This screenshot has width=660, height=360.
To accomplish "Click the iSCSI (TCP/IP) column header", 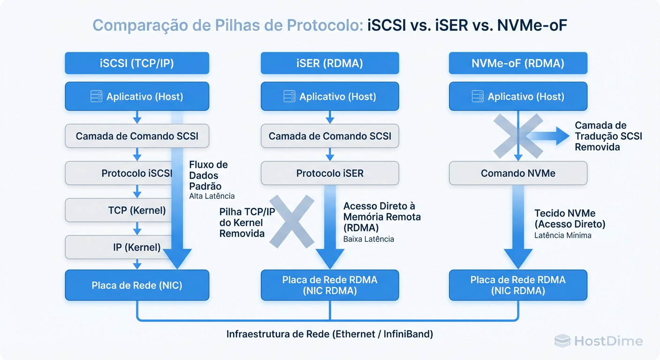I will (136, 63).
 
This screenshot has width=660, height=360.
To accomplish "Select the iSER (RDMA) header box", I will (330, 63).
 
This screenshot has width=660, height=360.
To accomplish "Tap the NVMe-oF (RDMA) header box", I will (518, 63).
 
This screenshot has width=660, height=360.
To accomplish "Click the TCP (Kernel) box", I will (136, 210).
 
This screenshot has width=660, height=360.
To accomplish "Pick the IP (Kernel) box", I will (136, 247).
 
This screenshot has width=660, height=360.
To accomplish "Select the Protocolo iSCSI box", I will (136, 173).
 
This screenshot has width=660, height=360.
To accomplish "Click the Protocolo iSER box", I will (330, 173).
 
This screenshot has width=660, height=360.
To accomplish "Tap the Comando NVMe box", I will (518, 173).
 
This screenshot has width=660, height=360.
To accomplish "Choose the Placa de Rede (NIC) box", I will (136, 285).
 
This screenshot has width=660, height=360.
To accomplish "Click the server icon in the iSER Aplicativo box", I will (289, 97).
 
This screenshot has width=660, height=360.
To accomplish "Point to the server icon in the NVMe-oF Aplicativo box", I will (478, 97).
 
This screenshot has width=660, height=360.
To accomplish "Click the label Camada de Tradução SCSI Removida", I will (608, 136).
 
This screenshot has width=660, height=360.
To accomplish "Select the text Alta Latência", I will (212, 196).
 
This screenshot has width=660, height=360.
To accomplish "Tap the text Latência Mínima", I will (562, 235).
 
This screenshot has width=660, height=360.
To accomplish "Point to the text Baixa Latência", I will (368, 239).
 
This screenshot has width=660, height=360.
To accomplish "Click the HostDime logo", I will (598, 341).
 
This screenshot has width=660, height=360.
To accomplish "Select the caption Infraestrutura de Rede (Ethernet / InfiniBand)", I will (330, 334).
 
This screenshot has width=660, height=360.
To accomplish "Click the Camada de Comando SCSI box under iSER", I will (330, 136).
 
